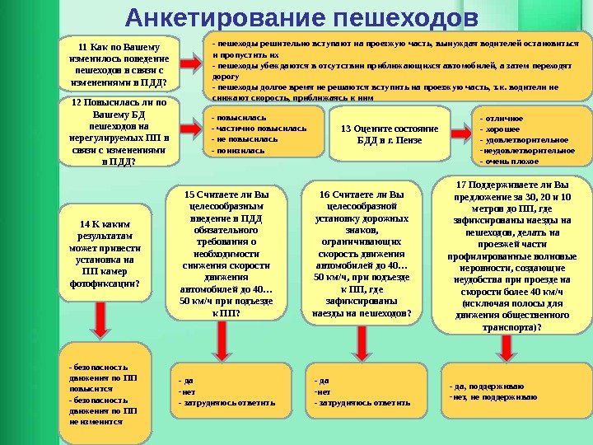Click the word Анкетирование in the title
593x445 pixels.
point(216,17)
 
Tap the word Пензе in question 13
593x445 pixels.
point(408,140)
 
